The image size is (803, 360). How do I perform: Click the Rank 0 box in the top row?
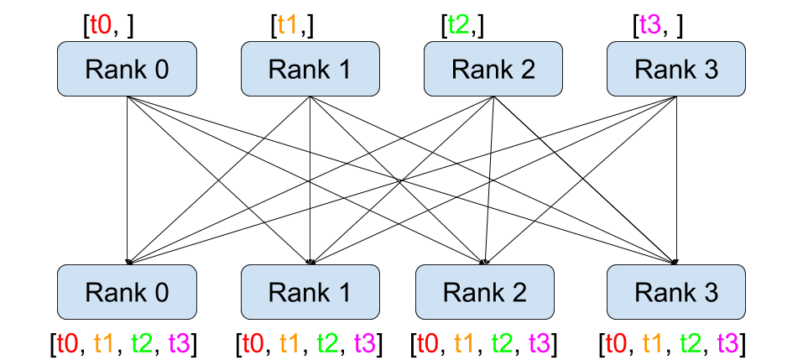coord(127,69)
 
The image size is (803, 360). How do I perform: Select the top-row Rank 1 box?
coord(310,69)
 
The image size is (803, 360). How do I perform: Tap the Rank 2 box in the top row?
coord(493,69)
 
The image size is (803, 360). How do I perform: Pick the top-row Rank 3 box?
coord(676,69)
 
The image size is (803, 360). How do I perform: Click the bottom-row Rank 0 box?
coord(127,292)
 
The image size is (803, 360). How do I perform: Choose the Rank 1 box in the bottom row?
coord(310,292)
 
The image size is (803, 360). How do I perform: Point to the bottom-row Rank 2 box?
coord(485,292)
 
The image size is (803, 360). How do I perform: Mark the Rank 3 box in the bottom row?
coord(676,292)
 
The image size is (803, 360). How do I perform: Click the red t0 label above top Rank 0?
coord(101,24)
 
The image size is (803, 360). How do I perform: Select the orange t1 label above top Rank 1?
coord(288,24)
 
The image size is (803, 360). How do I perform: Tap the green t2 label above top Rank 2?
coord(459,24)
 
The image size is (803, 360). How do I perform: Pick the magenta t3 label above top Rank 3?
coord(650,24)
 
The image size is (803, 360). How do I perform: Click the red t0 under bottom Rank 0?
coord(68,342)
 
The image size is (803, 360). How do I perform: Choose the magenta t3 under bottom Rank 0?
coord(180,342)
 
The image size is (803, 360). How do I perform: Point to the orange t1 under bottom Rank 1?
coord(289,342)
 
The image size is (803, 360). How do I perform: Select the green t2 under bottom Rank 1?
coord(328,342)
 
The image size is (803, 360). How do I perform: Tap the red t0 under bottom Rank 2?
coord(428,342)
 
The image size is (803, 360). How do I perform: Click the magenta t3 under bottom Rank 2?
coord(540,342)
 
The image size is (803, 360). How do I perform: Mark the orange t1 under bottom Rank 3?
coord(653,342)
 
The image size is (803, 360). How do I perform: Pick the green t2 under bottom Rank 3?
coord(691,342)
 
